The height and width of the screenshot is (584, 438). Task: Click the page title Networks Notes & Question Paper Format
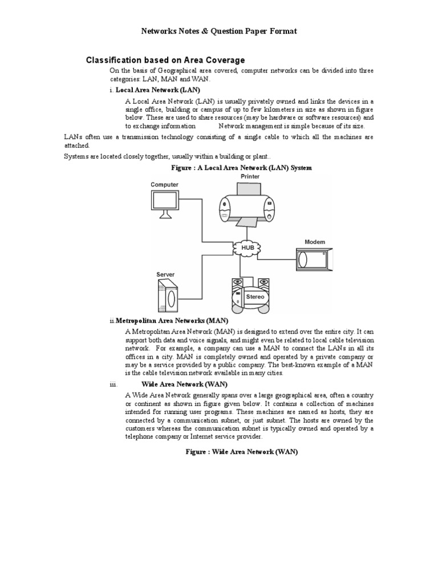tap(219, 31)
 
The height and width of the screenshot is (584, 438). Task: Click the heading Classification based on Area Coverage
tap(165, 60)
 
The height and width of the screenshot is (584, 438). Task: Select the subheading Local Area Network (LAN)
tap(158, 90)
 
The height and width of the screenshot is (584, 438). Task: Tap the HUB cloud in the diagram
tap(247, 248)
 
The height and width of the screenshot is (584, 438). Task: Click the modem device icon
tap(314, 259)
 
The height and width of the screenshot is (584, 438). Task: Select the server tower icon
tap(167, 297)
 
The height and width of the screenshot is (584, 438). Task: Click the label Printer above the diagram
tap(250, 177)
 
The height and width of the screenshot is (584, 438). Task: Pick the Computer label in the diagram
tap(164, 185)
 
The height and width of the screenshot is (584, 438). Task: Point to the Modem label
tap(315, 242)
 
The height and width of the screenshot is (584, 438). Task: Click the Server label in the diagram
tap(165, 275)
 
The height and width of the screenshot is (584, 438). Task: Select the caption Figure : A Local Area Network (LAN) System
tap(242, 168)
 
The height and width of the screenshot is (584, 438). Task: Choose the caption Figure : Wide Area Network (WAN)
tap(242, 451)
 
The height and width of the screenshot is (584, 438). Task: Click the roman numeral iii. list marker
tap(113, 385)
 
